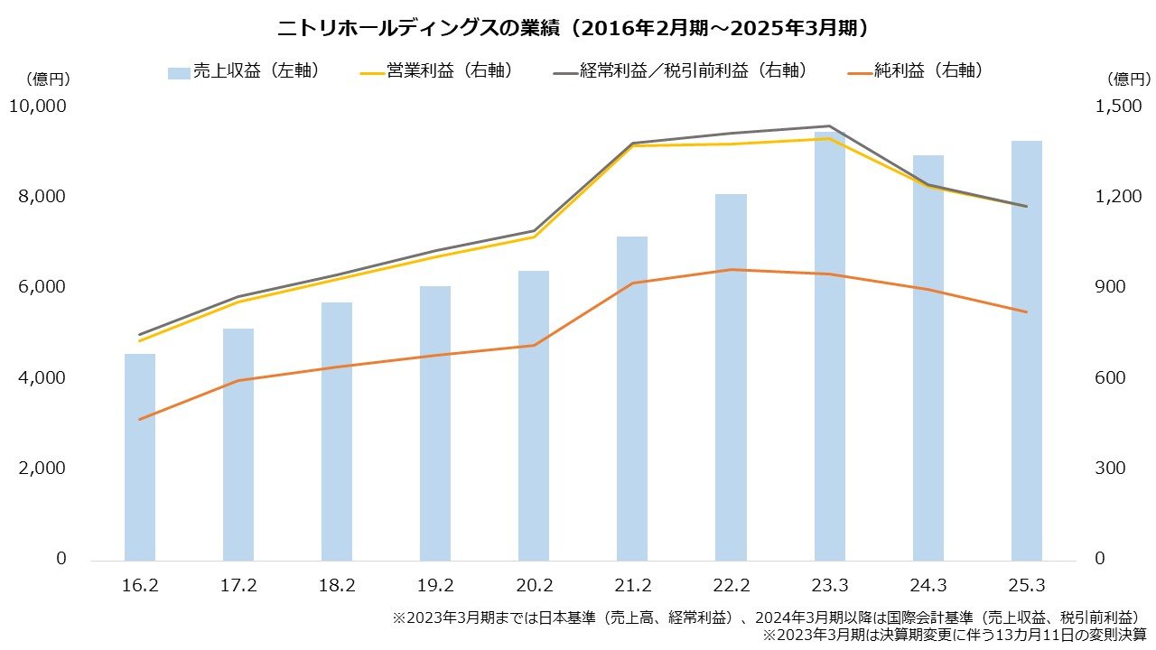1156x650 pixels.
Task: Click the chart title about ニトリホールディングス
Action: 577,28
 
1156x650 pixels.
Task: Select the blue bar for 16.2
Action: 140,456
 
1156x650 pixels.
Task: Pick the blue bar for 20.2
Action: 534,415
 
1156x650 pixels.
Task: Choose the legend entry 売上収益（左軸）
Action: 244,71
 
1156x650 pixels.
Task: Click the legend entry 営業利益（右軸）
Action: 437,71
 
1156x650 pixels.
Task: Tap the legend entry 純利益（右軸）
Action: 916,71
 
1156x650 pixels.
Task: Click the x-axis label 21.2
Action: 632,586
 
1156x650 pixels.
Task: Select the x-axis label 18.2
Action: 337,586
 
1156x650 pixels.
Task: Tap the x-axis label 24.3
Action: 928,586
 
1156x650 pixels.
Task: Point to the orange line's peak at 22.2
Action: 731,269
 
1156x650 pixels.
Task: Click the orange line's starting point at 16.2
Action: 140,420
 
